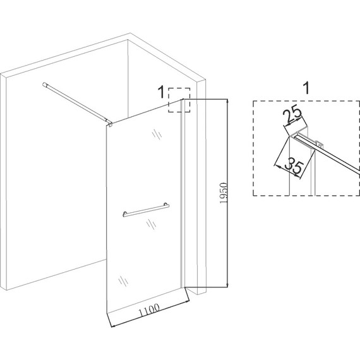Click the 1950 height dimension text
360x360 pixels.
click(x=223, y=193)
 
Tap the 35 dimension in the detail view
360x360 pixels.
click(x=294, y=165)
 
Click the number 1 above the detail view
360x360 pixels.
click(x=306, y=88)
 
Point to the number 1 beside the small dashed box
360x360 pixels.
click(x=162, y=92)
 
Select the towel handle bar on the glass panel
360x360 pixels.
click(x=146, y=210)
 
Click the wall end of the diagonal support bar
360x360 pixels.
click(x=44, y=85)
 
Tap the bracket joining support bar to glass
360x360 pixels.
click(x=110, y=124)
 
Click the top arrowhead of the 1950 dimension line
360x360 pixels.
click(x=227, y=101)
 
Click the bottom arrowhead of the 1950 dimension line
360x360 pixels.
click(x=227, y=285)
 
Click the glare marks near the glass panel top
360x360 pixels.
click(x=157, y=134)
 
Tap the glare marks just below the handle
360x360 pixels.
click(x=152, y=224)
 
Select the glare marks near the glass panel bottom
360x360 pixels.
click(x=123, y=281)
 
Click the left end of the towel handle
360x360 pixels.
click(x=125, y=214)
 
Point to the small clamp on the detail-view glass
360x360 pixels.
click(x=320, y=144)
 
